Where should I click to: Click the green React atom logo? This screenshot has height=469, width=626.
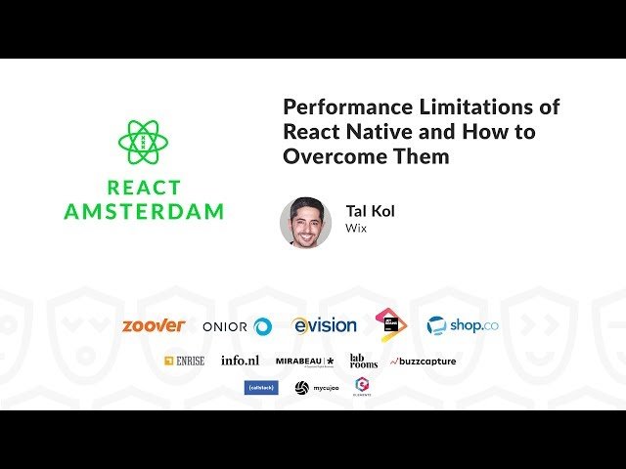[144, 142]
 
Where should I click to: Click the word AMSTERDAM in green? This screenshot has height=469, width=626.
[144, 211]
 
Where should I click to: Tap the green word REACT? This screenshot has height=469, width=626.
[144, 188]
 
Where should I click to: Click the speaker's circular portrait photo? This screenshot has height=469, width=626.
[305, 223]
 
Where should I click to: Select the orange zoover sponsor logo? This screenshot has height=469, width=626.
[154, 326]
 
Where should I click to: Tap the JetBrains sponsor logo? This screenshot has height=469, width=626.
[391, 325]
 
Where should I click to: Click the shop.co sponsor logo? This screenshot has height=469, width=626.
[462, 326]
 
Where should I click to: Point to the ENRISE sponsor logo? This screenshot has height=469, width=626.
[184, 361]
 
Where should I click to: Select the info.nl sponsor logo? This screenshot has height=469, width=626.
[239, 361]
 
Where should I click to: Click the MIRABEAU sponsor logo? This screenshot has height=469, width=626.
[304, 361]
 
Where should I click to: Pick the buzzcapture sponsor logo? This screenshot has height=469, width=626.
[423, 362]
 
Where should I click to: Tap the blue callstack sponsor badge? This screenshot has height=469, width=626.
[261, 388]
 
